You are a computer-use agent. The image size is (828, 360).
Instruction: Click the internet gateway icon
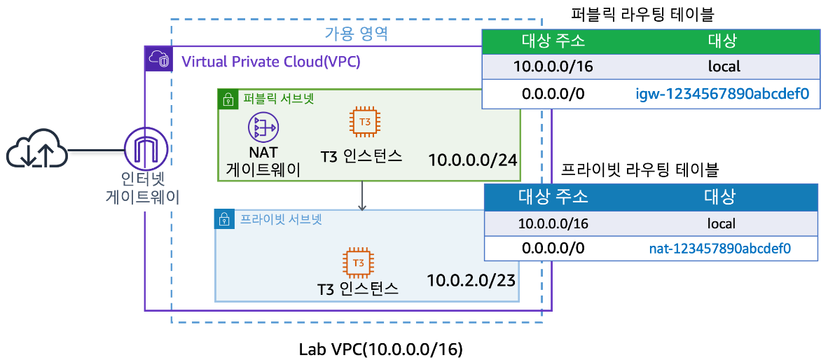tap(144, 148)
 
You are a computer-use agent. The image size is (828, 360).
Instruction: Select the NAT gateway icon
tap(263, 127)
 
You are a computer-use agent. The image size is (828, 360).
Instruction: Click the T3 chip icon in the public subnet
tap(365, 122)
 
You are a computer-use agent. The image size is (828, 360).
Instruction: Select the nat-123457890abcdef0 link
tap(720, 248)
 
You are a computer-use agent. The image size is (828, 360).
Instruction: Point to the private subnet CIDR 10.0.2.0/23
tap(471, 281)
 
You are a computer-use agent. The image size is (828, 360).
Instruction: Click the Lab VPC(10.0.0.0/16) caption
tap(381, 348)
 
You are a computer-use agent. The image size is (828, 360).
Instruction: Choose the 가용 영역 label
tap(356, 33)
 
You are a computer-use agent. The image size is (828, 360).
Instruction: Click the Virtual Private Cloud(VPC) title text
tap(271, 61)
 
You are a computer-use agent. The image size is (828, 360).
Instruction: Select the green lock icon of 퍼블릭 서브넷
tap(227, 99)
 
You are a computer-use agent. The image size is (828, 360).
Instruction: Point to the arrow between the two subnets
tap(362, 195)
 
